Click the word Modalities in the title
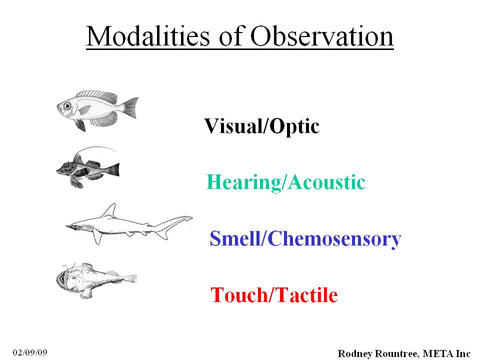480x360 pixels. click(x=148, y=36)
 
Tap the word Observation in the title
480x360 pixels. click(x=322, y=36)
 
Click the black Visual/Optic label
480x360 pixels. click(x=261, y=126)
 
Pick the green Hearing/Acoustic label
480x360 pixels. click(x=286, y=182)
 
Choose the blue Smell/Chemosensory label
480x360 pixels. click(x=305, y=239)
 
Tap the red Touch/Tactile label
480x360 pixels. click(x=274, y=295)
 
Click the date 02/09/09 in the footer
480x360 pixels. click(x=30, y=352)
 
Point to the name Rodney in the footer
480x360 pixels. click(x=355, y=353)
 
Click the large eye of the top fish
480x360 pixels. click(x=66, y=106)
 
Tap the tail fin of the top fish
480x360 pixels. click(x=130, y=107)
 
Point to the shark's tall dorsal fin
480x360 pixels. click(x=109, y=211)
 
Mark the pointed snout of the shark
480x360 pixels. click(x=68, y=226)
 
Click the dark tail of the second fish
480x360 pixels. click(x=114, y=169)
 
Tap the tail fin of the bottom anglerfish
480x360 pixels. click(x=130, y=279)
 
